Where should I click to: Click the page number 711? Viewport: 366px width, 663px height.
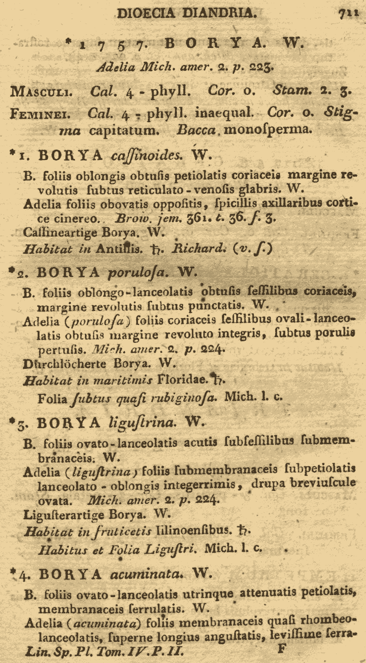point(348,13)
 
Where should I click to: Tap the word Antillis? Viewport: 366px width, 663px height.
point(119,249)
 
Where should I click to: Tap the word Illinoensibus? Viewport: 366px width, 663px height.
point(194,530)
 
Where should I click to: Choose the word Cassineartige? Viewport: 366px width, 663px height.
point(60,232)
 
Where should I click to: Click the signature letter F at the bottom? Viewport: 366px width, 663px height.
point(281,648)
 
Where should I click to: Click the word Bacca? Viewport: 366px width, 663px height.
point(196,130)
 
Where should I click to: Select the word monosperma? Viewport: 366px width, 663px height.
point(268,130)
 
